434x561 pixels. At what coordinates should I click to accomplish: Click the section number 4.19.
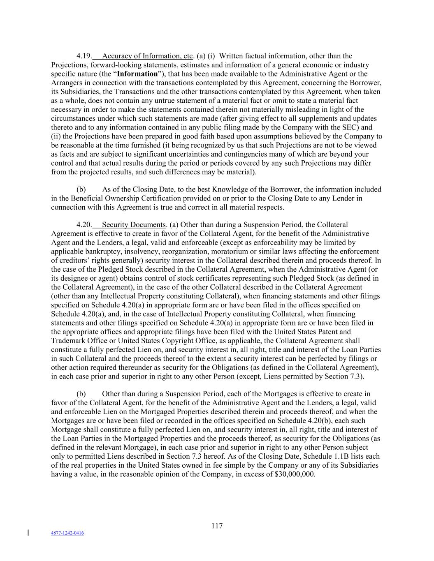coord(84,56)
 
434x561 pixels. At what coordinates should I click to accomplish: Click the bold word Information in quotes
coord(137,74)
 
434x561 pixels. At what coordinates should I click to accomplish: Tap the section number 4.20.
coord(84,225)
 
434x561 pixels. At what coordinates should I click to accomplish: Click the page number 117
coord(217,526)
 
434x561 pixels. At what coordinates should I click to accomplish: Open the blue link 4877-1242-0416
coord(67,533)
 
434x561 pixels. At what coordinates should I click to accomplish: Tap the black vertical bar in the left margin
coord(28,533)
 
